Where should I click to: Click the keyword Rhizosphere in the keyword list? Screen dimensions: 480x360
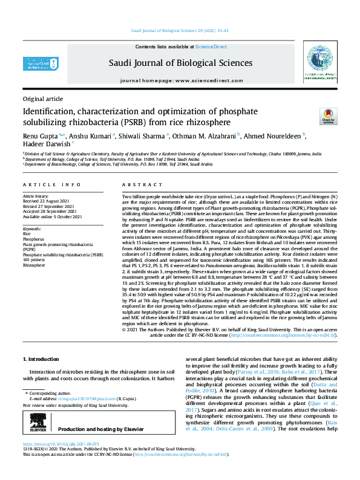click(x=34, y=265)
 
